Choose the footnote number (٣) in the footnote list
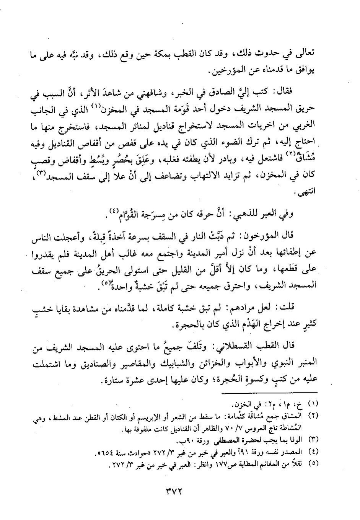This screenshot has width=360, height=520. click(x=313, y=439)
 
